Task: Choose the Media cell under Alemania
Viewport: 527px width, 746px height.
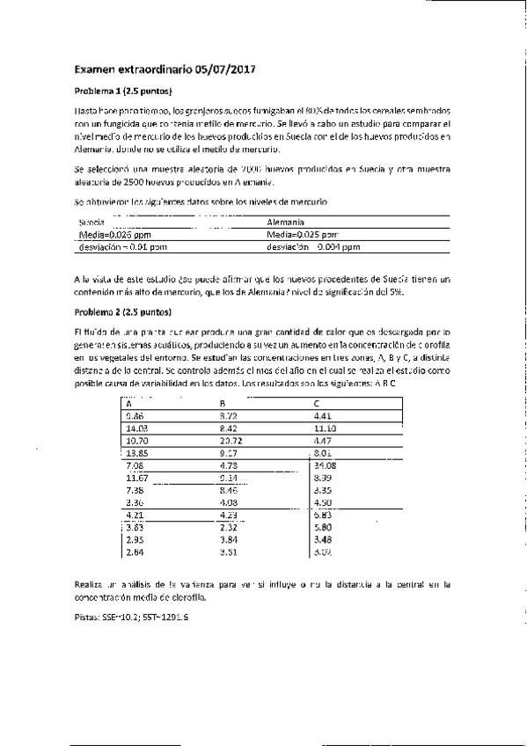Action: tap(302, 235)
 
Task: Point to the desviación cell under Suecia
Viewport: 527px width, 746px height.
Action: tap(107, 247)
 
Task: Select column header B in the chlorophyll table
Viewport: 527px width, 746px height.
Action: tap(222, 404)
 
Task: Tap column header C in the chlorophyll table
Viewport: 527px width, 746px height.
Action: tap(317, 404)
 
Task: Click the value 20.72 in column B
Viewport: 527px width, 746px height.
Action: tap(231, 440)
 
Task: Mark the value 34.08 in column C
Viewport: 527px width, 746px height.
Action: tap(325, 464)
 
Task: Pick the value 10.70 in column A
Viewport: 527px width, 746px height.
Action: tap(137, 440)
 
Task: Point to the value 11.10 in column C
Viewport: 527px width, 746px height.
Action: tap(325, 428)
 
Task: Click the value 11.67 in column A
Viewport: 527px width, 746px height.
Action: tap(137, 477)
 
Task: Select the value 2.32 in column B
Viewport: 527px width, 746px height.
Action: tap(227, 526)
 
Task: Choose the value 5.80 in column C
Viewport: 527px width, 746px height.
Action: tap(322, 526)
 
